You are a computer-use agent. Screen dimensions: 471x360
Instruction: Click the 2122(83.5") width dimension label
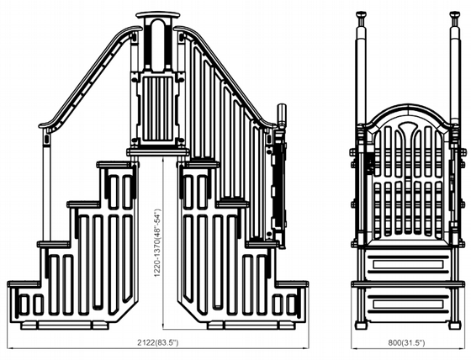click(158, 342)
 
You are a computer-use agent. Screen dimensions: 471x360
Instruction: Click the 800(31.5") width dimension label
click(406, 342)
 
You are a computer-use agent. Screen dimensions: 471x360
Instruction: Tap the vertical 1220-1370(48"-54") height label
click(157, 242)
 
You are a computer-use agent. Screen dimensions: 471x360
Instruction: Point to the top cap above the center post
click(158, 15)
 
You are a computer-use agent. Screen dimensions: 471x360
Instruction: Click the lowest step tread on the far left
click(24, 284)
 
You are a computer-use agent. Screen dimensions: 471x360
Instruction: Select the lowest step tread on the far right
click(293, 284)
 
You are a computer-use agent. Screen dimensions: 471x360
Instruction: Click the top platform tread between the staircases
click(158, 152)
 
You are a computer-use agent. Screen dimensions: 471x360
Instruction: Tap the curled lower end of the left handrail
click(45, 125)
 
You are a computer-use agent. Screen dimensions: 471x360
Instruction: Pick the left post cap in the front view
click(361, 14)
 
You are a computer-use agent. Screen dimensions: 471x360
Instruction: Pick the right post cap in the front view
click(455, 14)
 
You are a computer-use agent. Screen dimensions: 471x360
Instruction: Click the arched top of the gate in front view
click(408, 114)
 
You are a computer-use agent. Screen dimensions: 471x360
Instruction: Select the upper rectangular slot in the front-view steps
click(408, 264)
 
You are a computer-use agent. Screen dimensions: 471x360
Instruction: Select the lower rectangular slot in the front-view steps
click(408, 304)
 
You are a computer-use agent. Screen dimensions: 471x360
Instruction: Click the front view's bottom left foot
click(361, 326)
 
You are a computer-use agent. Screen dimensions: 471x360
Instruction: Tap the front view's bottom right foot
click(455, 326)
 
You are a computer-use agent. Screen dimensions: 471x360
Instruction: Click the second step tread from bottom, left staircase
click(54, 244)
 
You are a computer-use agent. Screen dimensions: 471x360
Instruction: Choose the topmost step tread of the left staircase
click(114, 164)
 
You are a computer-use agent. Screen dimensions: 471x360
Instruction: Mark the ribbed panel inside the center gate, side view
click(158, 109)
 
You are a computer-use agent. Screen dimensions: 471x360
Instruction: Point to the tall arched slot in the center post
click(158, 44)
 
